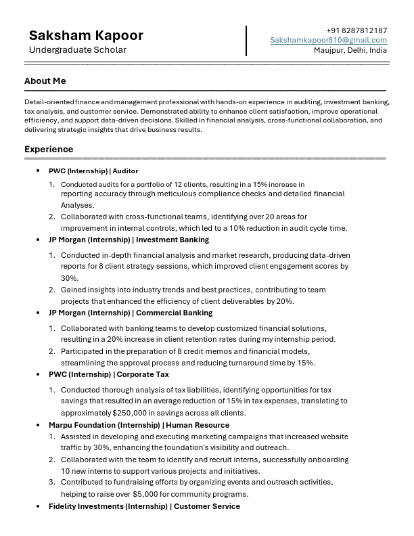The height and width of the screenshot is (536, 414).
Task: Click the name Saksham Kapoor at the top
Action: pyautogui.click(x=86, y=35)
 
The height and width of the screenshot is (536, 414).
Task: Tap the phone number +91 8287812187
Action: pyautogui.click(x=356, y=30)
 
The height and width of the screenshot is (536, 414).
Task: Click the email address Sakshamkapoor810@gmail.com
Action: pyautogui.click(x=329, y=41)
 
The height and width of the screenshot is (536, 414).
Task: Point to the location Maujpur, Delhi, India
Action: pyautogui.click(x=350, y=51)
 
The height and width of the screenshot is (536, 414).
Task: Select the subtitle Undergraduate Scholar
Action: pyautogui.click(x=77, y=50)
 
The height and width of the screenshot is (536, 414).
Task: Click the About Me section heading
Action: pyautogui.click(x=45, y=81)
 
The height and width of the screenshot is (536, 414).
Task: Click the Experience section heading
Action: pyautogui.click(x=49, y=149)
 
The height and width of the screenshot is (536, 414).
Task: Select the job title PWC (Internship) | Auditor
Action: pyautogui.click(x=93, y=171)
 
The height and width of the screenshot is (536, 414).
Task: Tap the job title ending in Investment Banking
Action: pyautogui.click(x=129, y=240)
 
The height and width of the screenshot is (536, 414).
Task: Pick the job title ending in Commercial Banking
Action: pyautogui.click(x=131, y=313)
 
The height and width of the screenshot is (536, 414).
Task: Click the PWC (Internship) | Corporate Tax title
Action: pyautogui.click(x=108, y=374)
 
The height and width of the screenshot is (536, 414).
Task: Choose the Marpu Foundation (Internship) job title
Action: pyautogui.click(x=139, y=425)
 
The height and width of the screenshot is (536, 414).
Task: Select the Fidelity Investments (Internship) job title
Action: pyautogui.click(x=144, y=506)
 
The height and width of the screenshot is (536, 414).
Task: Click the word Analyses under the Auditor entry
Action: pyautogui.click(x=78, y=205)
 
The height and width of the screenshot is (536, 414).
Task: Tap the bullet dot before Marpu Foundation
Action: pyautogui.click(x=39, y=425)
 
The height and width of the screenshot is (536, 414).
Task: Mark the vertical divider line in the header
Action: pyautogui.click(x=246, y=41)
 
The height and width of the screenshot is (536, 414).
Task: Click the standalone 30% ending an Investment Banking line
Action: pyautogui.click(x=70, y=278)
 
